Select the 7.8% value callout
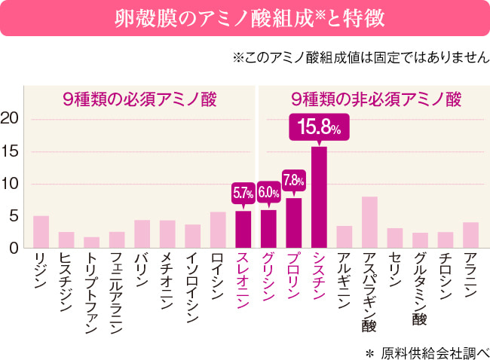pos(293,180)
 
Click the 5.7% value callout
pos(243,194)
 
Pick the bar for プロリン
pos(293,223)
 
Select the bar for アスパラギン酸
pos(369,222)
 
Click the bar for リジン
pos(41,232)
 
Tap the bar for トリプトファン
pos(91,242)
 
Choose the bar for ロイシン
pos(218,230)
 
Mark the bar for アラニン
pos(470,235)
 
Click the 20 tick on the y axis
pos(11,119)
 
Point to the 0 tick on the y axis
pos(14,248)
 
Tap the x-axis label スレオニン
pos(243,279)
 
